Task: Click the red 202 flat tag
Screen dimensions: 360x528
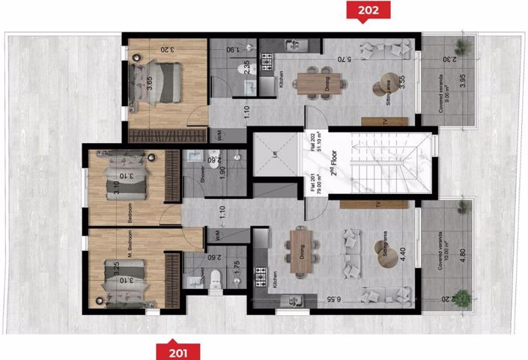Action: click(363, 10)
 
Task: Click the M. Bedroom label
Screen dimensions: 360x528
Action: click(130, 247)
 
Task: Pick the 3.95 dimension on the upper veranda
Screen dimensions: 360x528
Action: click(462, 81)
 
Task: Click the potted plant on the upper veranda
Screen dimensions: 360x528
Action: click(465, 46)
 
